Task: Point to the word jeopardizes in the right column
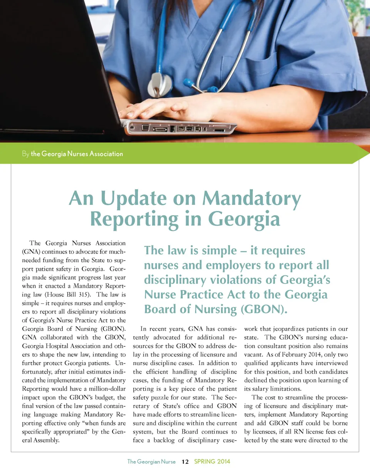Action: [x=287, y=329]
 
